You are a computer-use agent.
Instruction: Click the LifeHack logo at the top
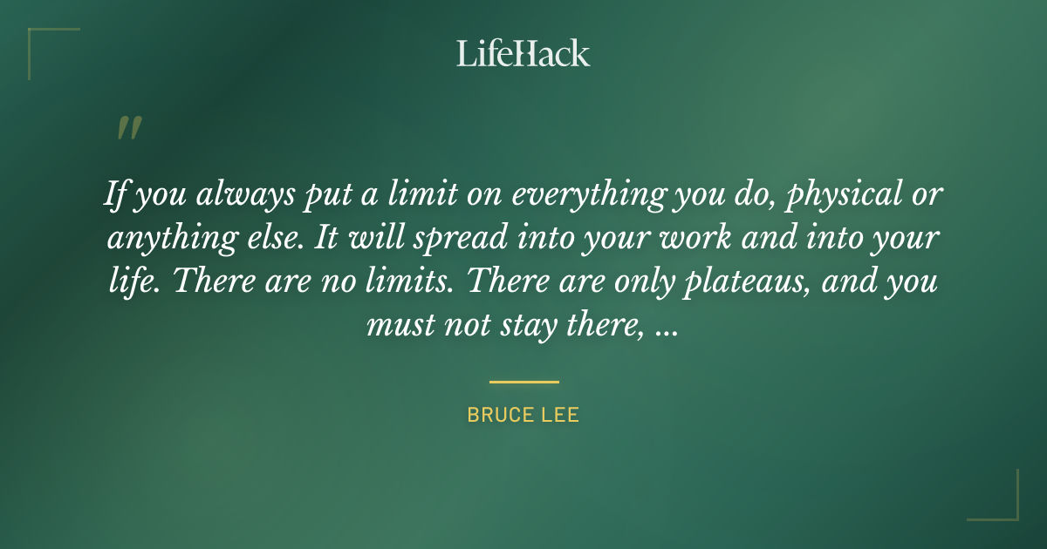click(x=523, y=53)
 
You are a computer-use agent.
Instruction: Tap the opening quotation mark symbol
click(x=128, y=129)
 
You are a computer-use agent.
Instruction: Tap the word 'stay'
click(x=523, y=326)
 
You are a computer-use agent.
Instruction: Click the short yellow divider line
click(x=523, y=382)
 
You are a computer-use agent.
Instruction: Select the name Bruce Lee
click(x=523, y=415)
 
